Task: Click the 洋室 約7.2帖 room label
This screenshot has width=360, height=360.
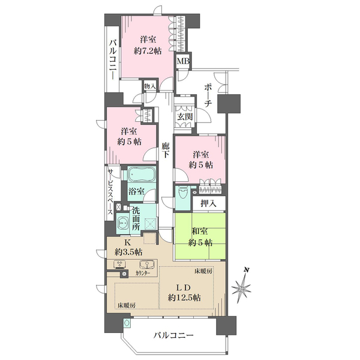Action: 148,46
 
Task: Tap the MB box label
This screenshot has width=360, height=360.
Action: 181,61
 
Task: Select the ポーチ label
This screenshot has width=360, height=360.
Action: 207,96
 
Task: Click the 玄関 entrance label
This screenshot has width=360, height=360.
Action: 184,117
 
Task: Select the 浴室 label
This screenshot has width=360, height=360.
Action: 136,192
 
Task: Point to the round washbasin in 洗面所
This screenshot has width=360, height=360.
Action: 122,223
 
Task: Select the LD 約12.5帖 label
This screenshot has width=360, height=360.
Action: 184,292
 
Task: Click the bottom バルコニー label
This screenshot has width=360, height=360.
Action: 173,337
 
